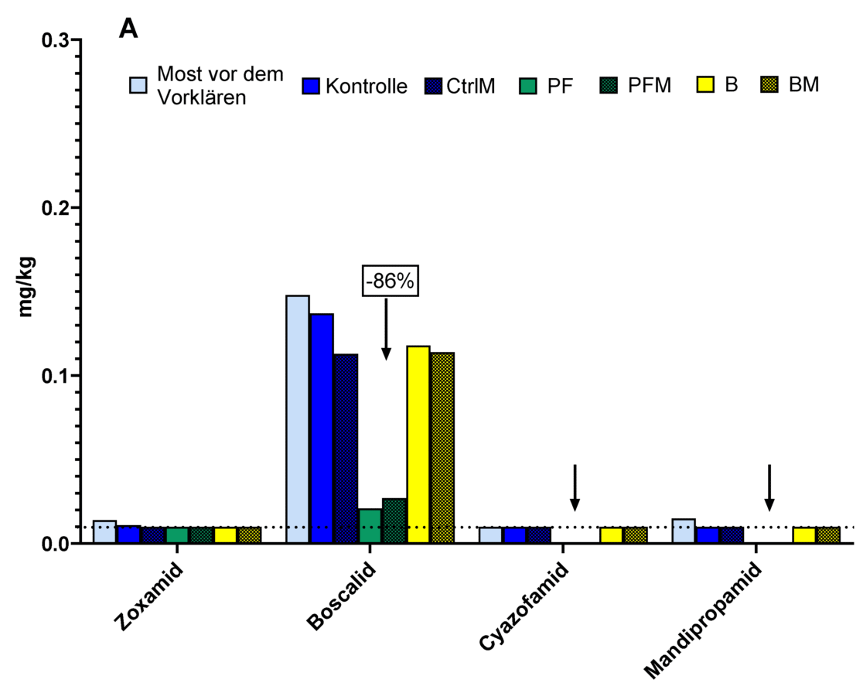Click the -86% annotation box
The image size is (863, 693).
391,282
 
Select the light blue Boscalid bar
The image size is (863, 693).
298,418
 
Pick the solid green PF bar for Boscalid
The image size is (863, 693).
370,526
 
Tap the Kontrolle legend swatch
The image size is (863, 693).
311,85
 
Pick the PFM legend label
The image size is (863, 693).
649,85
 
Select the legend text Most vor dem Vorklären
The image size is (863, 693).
220,85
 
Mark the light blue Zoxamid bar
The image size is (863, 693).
105,532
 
